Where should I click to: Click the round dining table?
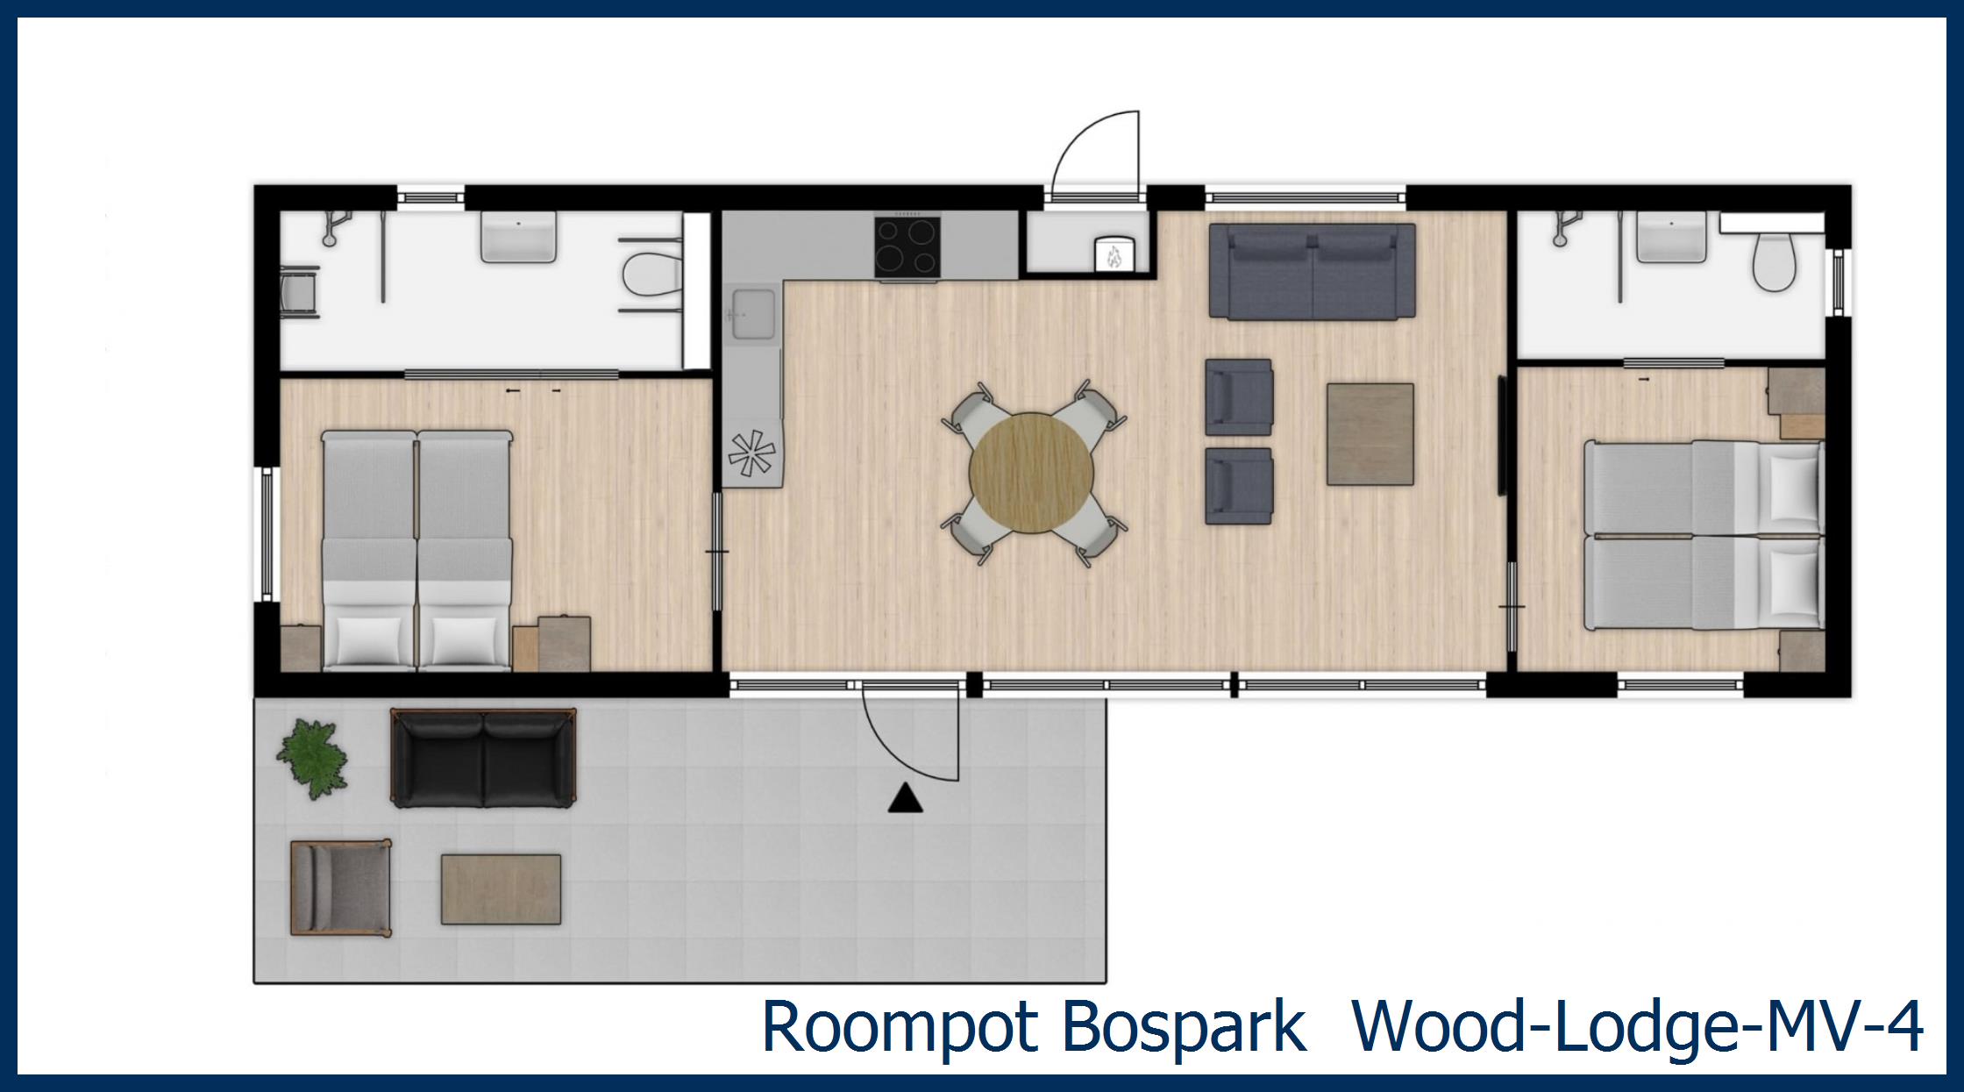coord(1032,473)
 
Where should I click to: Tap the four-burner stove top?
coord(907,247)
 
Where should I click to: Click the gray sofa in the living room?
coord(1312,271)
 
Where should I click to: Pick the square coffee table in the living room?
coord(1370,434)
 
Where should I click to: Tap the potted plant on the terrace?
coord(311,756)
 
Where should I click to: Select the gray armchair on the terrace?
coord(339,888)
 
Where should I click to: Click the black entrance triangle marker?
coord(905,799)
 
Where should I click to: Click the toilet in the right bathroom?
coord(1775,261)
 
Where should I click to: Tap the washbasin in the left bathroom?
coord(518,237)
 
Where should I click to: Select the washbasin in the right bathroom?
coord(1671,237)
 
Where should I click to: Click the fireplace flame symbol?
coord(1115,255)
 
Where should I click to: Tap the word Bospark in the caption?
coord(1184,1026)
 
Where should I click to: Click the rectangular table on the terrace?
coord(501,889)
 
